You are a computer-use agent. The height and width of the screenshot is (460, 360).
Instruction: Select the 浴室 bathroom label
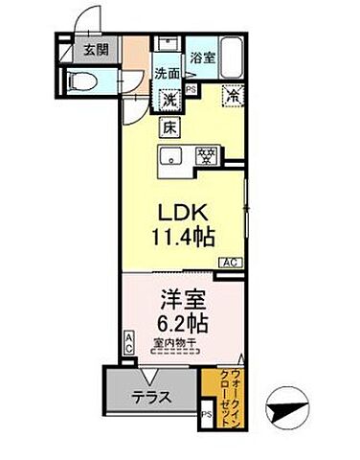click(201, 57)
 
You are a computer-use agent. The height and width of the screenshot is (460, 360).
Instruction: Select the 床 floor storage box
click(167, 126)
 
